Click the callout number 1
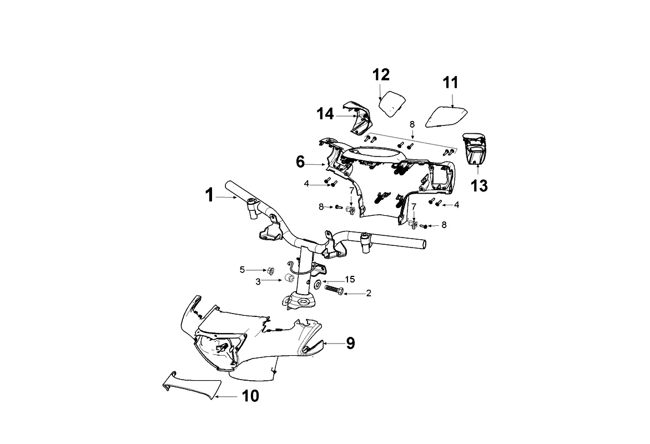(209, 195)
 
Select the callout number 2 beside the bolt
(369, 294)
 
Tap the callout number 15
(350, 279)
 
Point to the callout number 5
(242, 270)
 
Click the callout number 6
(300, 162)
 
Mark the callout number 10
(250, 396)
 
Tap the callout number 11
(451, 83)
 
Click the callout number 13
(480, 186)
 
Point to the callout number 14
(325, 114)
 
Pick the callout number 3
(258, 281)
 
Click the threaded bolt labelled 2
(332, 290)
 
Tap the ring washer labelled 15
(316, 284)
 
